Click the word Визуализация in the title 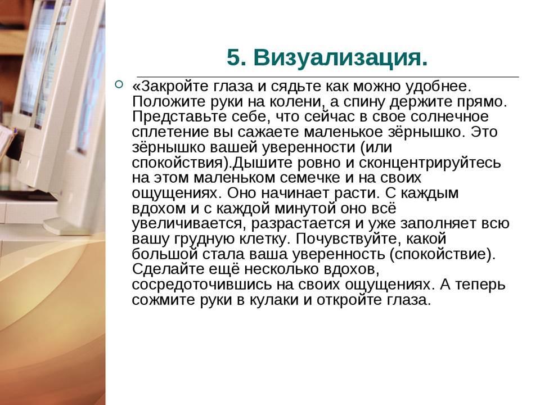(x=340, y=57)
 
